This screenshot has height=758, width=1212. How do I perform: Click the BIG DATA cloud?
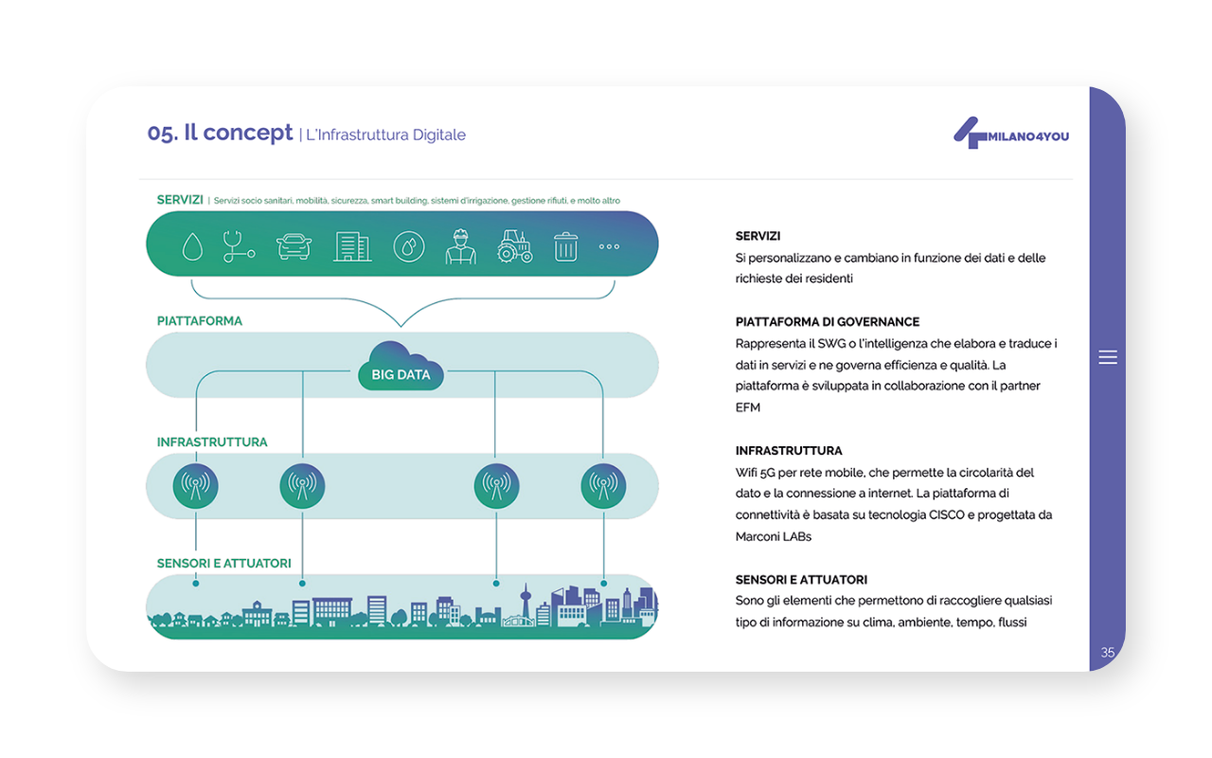tap(401, 367)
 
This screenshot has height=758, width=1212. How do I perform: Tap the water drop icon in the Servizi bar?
tap(192, 247)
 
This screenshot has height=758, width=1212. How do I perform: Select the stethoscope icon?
tap(238, 246)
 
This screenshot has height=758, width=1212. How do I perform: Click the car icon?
tap(294, 246)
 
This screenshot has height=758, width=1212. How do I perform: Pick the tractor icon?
tap(514, 246)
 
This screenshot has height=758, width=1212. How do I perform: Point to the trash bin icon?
tap(565, 247)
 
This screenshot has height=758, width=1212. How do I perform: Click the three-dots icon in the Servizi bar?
tap(609, 247)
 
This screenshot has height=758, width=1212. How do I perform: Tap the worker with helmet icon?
tap(460, 246)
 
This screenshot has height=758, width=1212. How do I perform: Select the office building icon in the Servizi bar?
tap(352, 247)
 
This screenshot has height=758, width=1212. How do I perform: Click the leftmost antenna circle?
tap(195, 486)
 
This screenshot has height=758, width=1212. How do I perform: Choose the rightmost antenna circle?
tap(603, 486)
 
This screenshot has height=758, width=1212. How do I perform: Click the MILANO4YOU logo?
tap(1011, 134)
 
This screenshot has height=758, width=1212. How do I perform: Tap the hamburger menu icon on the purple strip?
tap(1108, 357)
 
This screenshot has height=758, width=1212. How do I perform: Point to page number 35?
tap(1108, 653)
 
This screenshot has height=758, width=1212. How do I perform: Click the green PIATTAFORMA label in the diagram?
tap(200, 321)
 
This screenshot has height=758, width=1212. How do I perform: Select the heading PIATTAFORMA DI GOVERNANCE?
tap(828, 322)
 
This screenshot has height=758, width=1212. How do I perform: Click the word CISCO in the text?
tap(946, 514)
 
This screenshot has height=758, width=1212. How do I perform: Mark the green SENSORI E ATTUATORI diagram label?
tap(224, 564)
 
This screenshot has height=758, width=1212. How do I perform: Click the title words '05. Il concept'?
tap(220, 133)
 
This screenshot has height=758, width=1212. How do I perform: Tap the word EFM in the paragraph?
tap(748, 407)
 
